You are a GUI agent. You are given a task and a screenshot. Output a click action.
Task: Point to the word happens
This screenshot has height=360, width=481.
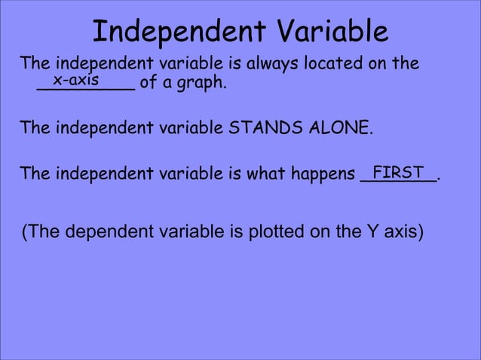tap(323, 175)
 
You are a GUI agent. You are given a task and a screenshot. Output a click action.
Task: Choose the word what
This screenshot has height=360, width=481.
tap(269, 174)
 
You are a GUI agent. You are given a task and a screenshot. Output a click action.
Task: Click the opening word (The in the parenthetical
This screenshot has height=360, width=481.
tap(41, 231)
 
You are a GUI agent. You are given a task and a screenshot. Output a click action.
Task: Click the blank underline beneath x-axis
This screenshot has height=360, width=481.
tap(85, 89)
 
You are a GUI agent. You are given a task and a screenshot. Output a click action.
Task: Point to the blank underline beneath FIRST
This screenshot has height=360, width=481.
tap(398, 181)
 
